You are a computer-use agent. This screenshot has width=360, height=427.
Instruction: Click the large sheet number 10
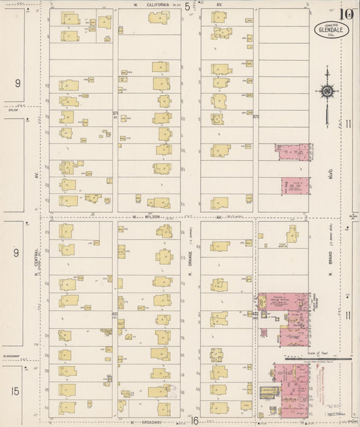(x=347, y=14)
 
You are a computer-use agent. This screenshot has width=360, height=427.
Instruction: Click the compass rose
(x=328, y=91)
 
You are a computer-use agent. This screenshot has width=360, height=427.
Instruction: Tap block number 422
(x=255, y=314)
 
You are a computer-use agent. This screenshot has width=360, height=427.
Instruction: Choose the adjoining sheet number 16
(x=195, y=421)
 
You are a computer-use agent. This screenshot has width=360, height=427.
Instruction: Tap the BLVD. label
(x=332, y=163)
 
